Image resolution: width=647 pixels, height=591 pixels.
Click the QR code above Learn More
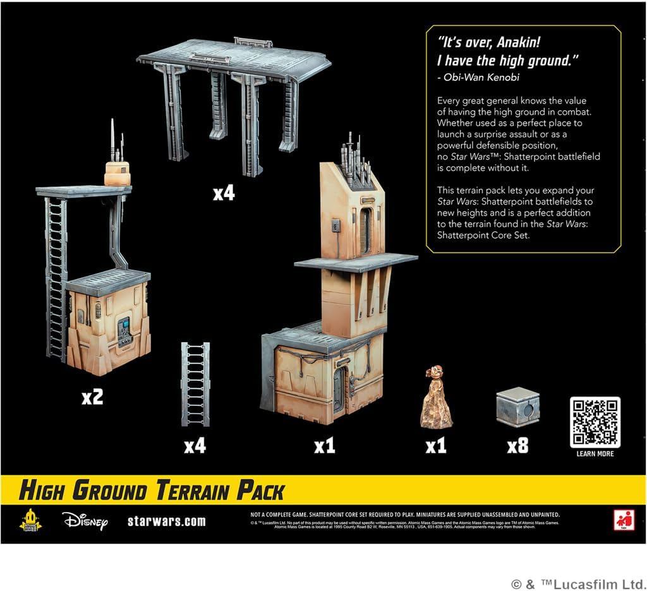[595, 422]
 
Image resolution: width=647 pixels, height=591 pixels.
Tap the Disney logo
[85, 520]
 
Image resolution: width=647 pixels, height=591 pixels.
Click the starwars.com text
[166, 522]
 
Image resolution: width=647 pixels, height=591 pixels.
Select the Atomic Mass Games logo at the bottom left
[30, 520]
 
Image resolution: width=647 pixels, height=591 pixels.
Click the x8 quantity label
[517, 446]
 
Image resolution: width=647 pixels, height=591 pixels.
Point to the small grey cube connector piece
[517, 407]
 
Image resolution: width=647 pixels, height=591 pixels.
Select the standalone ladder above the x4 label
[195, 384]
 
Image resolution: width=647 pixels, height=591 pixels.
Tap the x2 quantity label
[92, 397]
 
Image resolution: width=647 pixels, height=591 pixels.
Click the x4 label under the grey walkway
[223, 193]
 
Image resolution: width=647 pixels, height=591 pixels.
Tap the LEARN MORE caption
[595, 453]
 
